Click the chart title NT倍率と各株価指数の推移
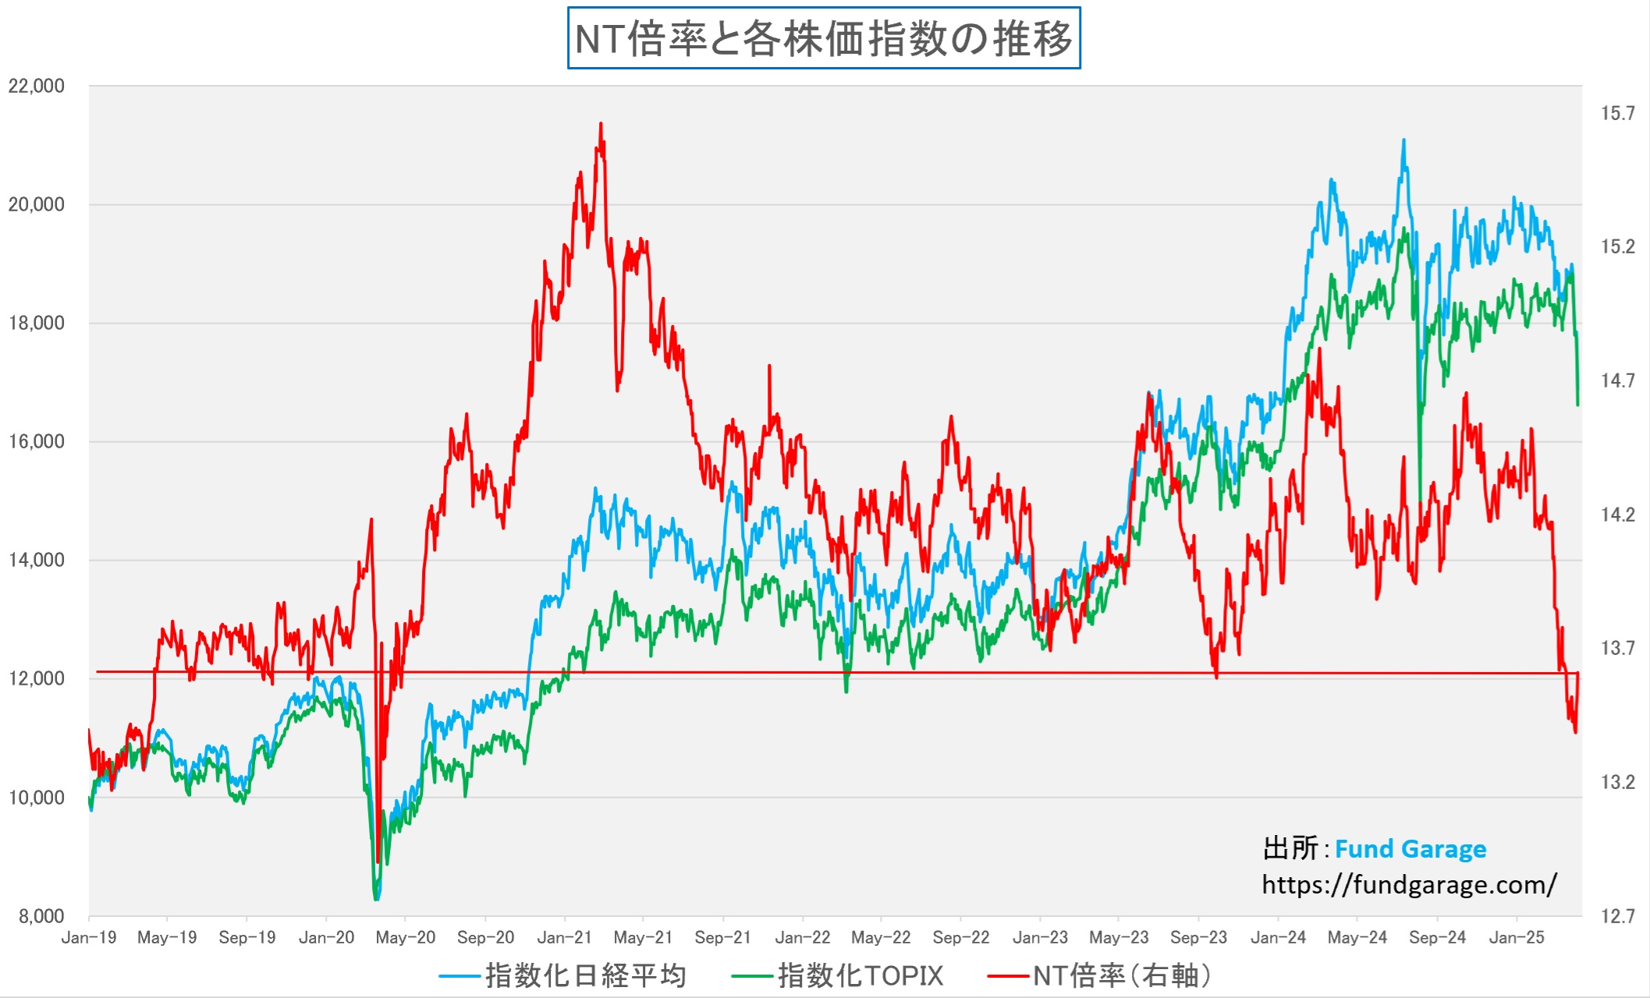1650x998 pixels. (823, 38)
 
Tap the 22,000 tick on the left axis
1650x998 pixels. (36, 86)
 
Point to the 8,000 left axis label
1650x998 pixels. (41, 916)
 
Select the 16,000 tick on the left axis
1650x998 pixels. (36, 441)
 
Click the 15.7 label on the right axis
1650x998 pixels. (1617, 114)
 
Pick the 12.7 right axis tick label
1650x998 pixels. (1617, 916)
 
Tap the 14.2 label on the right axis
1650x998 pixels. (1617, 515)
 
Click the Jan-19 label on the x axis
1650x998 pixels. (88, 937)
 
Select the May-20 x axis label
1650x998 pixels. (405, 937)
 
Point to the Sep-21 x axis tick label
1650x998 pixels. (722, 937)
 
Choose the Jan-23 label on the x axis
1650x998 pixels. (1040, 937)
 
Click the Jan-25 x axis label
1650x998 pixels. (1516, 937)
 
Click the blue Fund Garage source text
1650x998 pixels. (1410, 848)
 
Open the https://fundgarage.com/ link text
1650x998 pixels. (1409, 884)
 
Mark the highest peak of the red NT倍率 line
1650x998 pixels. (600, 123)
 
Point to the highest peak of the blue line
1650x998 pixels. (1403, 140)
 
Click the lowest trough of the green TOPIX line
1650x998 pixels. (376, 899)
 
